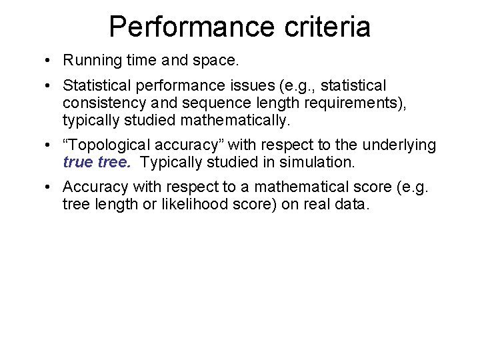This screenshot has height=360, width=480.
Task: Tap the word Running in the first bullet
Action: pos(89,60)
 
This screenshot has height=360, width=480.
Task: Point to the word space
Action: pos(213,60)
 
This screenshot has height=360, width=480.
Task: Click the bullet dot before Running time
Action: pos(49,61)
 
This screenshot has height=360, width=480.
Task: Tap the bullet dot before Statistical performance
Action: pos(49,86)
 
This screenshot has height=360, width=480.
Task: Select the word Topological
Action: pos(103,145)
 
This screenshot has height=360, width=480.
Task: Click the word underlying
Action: pos(404,145)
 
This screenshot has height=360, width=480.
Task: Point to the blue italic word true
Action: pos(78,162)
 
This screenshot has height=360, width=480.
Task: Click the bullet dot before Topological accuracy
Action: pos(49,145)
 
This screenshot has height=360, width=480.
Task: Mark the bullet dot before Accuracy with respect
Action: pos(49,187)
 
